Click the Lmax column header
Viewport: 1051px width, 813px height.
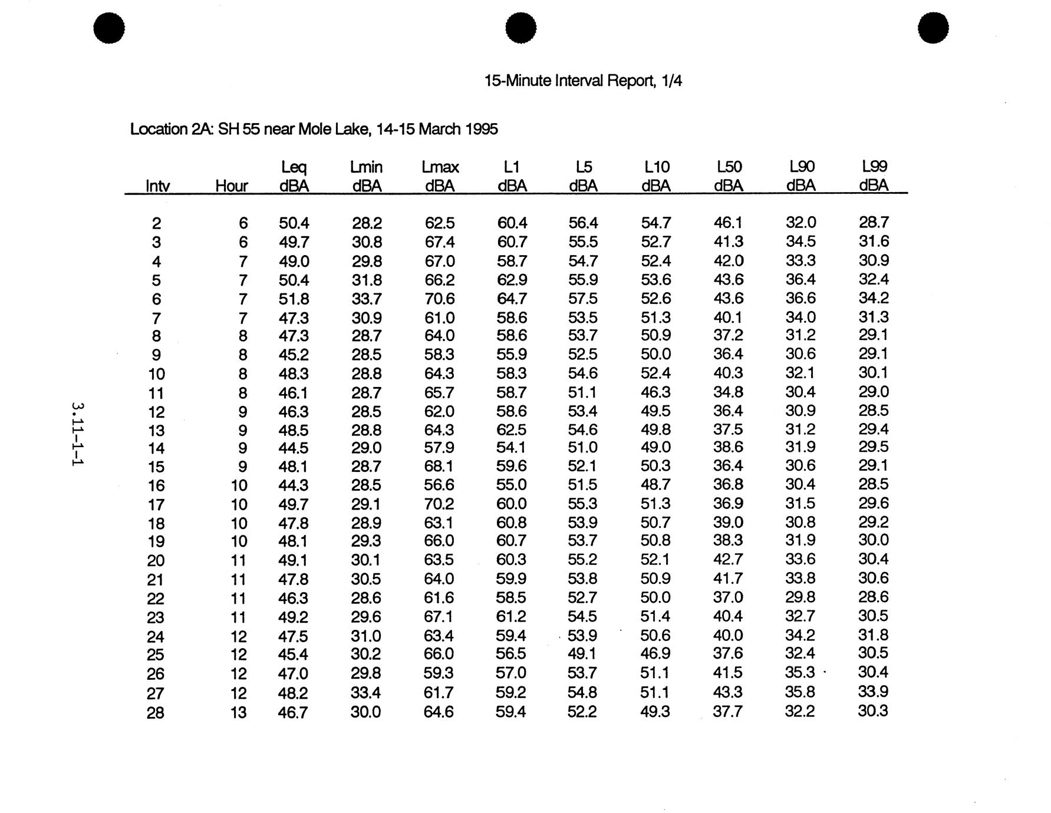tap(440, 176)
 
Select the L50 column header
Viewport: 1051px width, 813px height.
tap(729, 176)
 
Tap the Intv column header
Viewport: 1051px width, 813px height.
tap(157, 186)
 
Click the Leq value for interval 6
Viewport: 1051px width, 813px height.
tap(294, 299)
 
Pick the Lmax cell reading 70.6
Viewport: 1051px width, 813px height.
tap(439, 299)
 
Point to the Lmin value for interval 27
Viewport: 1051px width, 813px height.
tap(366, 693)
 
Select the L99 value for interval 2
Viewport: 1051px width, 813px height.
tap(874, 223)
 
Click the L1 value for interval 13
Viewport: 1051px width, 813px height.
tap(512, 430)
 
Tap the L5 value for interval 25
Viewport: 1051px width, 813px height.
tap(582, 654)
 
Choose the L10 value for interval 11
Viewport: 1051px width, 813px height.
tap(655, 392)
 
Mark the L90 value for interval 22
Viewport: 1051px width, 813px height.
tap(800, 597)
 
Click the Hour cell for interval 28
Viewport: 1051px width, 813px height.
tap(238, 713)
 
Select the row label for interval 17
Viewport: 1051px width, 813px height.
tap(156, 505)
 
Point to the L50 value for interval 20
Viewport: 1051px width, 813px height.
tap(728, 560)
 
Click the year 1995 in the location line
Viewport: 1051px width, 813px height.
tap(482, 129)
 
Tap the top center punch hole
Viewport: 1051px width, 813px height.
tap(521, 28)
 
